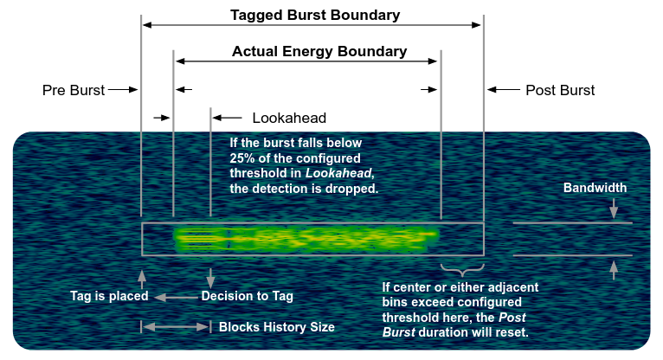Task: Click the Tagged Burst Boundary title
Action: click(x=315, y=15)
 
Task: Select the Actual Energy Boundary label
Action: click(x=319, y=51)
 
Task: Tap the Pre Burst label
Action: click(x=74, y=90)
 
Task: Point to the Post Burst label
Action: click(x=560, y=90)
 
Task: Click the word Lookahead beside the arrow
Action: click(x=289, y=118)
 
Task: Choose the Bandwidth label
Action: click(x=595, y=188)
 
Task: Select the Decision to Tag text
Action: click(x=247, y=296)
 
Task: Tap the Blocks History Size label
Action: click(x=276, y=327)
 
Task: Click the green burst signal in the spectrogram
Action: click(x=303, y=237)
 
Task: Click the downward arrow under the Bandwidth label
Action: click(x=614, y=209)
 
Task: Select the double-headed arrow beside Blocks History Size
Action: click(x=176, y=327)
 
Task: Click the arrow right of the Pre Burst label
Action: click(x=123, y=89)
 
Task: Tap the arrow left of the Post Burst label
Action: click(x=503, y=89)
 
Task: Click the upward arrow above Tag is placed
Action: click(x=142, y=277)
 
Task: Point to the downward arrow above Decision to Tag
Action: click(x=210, y=277)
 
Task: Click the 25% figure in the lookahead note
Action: click(x=241, y=157)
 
